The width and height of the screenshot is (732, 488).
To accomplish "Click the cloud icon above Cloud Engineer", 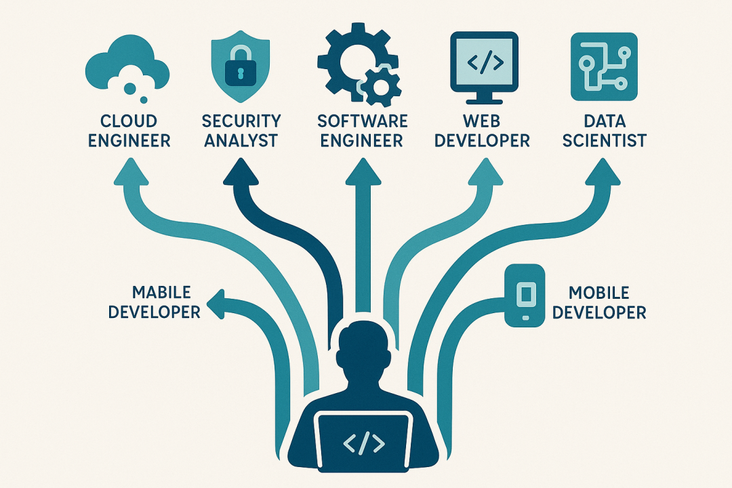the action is pyautogui.click(x=127, y=66).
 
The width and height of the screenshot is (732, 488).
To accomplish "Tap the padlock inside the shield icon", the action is pyautogui.click(x=241, y=71).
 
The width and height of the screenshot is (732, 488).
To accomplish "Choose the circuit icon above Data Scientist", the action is pyautogui.click(x=605, y=66).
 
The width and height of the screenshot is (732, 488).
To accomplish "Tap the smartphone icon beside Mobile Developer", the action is pyautogui.click(x=525, y=296).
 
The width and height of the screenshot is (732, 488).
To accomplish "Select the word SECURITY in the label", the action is pyautogui.click(x=241, y=121).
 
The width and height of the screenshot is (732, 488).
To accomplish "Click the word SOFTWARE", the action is pyautogui.click(x=363, y=121).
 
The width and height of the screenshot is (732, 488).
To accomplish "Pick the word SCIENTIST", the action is pyautogui.click(x=605, y=141).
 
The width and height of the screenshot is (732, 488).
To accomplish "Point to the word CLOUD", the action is pyautogui.click(x=128, y=121).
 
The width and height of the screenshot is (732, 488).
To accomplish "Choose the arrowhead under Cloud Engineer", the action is pyautogui.click(x=129, y=173).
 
